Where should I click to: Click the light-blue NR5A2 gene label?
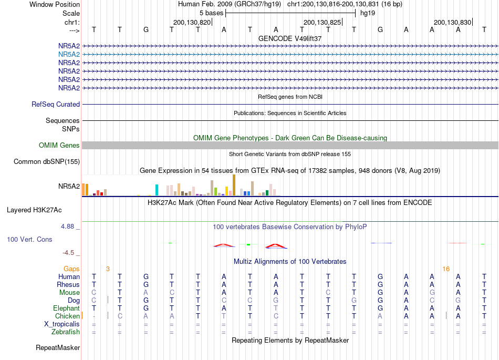(69, 55)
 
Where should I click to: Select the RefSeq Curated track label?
(56, 105)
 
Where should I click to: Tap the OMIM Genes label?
(59, 146)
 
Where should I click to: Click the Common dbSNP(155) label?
(47, 162)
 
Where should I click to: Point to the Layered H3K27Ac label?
(34, 210)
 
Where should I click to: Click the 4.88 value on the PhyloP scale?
(67, 227)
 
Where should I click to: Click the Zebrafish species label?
(66, 332)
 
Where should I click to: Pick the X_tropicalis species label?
(62, 324)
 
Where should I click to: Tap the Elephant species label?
(67, 308)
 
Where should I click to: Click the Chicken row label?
(67, 316)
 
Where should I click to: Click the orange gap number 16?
(446, 269)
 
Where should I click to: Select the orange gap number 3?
(108, 269)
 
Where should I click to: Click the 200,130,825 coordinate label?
(322, 22)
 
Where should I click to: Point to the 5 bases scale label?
(211, 13)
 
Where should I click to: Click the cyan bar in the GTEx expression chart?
(157, 190)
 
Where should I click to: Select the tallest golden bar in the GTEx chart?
(234, 185)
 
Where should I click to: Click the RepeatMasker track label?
(58, 347)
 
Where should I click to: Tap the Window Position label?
(55, 4)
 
